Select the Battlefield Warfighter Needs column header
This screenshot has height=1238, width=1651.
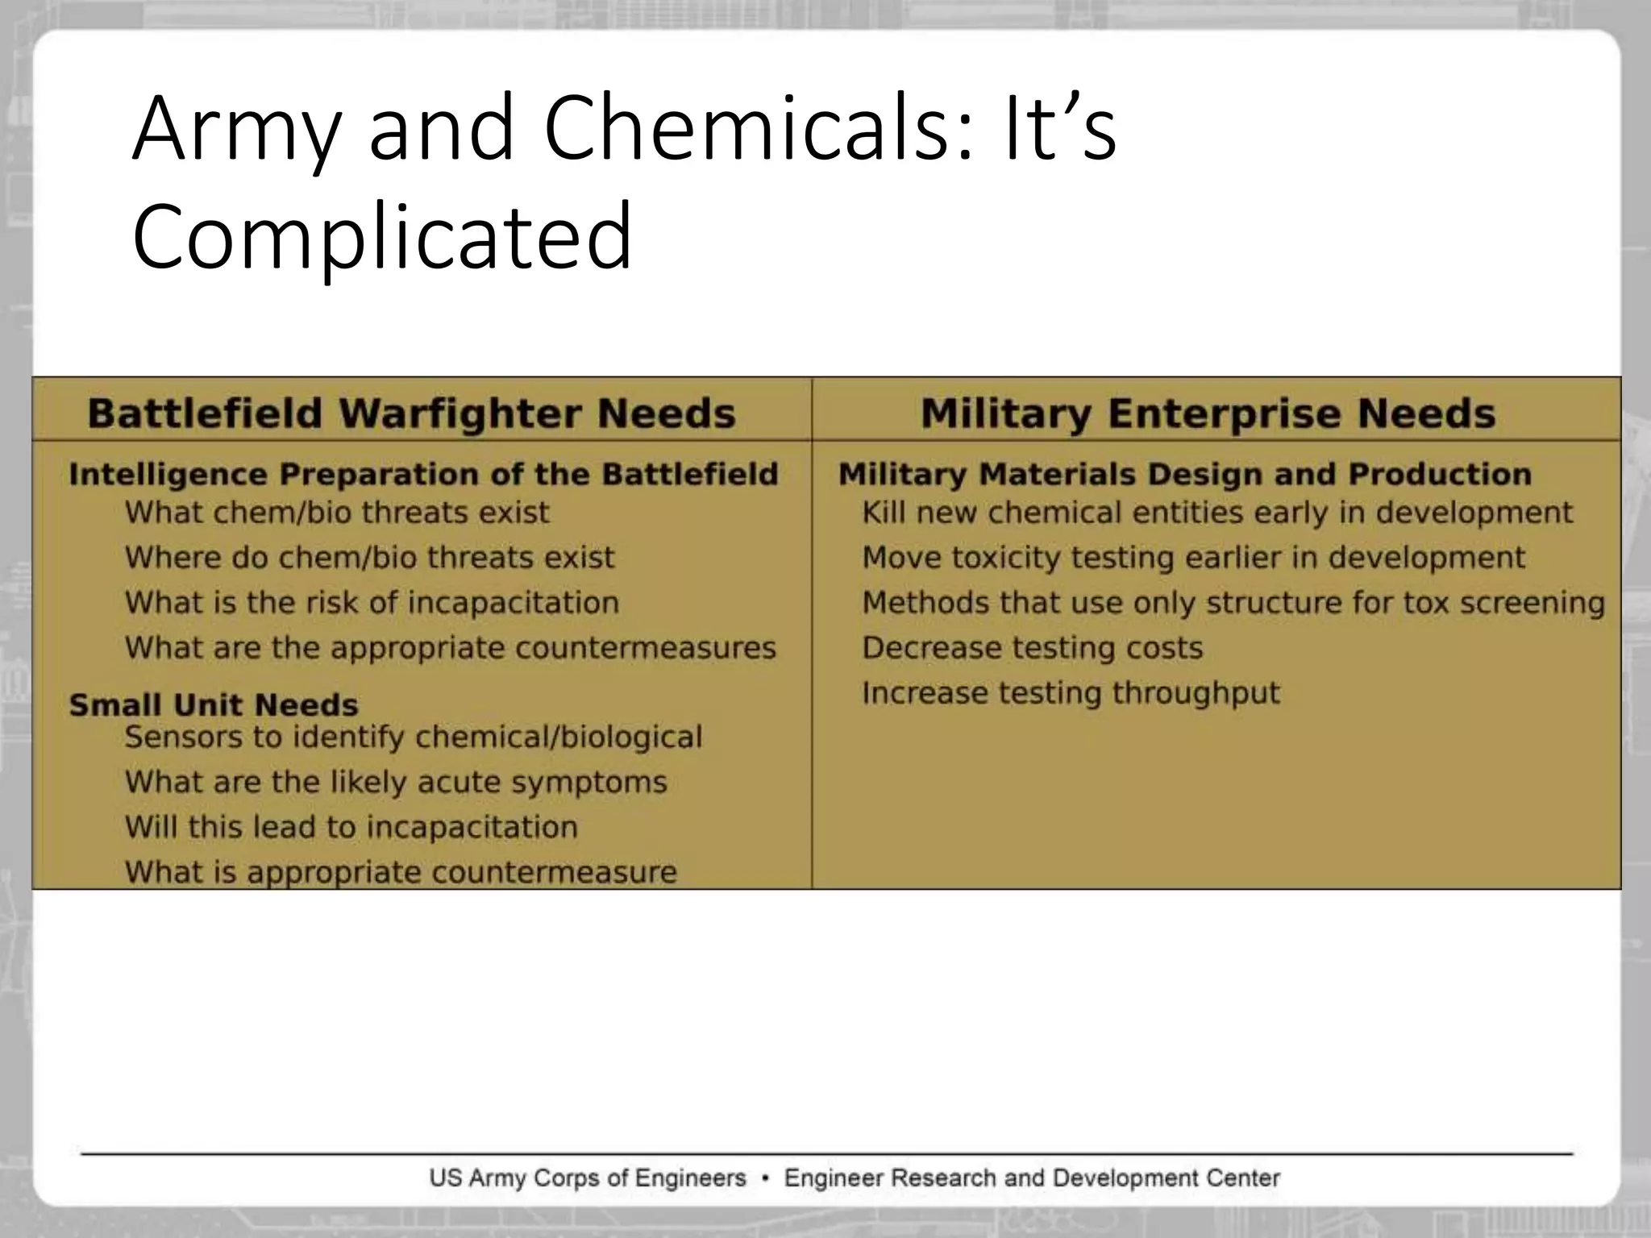pos(411,413)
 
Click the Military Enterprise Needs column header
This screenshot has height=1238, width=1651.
pos(1208,413)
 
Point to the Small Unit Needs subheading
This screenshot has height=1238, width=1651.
pos(214,705)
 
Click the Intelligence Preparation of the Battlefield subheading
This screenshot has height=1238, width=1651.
pos(423,474)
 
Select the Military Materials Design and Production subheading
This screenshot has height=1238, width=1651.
pos(1184,474)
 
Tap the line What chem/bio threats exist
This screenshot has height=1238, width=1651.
pos(337,513)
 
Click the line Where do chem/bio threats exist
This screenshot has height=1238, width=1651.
pos(369,558)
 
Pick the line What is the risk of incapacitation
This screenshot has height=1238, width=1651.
pos(372,603)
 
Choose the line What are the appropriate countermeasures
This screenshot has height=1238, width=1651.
pos(450,648)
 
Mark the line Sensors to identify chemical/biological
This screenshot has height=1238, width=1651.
pos(414,737)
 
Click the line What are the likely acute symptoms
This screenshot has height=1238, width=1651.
pos(396,783)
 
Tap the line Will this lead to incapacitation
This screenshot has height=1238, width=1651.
pos(351,828)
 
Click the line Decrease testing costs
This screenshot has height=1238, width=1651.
pos(1032,648)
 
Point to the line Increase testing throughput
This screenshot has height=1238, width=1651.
pos(1071,693)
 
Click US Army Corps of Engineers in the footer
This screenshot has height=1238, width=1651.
pos(588,1178)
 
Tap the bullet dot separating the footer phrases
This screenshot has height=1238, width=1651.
pos(765,1179)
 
